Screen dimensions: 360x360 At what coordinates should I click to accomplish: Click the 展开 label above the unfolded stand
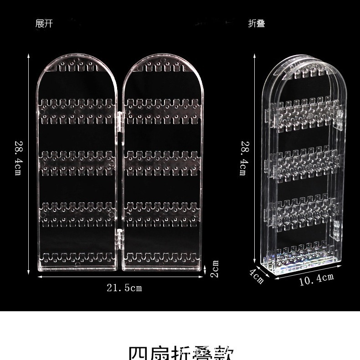click(44, 24)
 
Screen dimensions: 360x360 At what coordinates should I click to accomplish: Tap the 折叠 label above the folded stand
click(257, 24)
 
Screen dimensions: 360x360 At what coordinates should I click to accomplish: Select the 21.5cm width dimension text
click(124, 288)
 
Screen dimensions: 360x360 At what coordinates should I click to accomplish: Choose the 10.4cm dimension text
click(316, 278)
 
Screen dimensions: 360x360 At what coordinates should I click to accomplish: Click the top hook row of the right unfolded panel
click(162, 68)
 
